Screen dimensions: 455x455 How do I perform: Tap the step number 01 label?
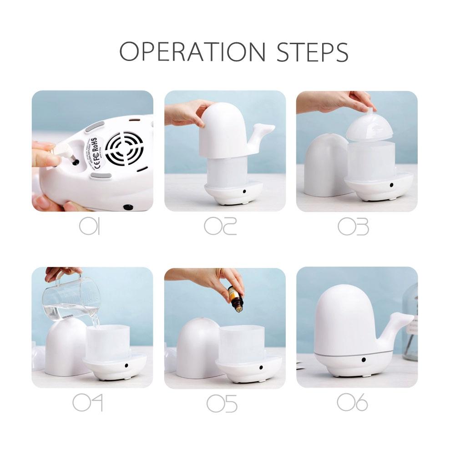[x=90, y=226]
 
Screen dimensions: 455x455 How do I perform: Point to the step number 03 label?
[x=353, y=226]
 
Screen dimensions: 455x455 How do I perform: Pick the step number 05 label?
[x=222, y=403]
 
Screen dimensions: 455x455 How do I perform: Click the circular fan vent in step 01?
[x=124, y=148]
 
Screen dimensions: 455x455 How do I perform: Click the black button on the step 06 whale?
[x=364, y=359]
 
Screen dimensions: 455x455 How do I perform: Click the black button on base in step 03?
[x=391, y=185]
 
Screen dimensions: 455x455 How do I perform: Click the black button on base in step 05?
[x=261, y=367]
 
